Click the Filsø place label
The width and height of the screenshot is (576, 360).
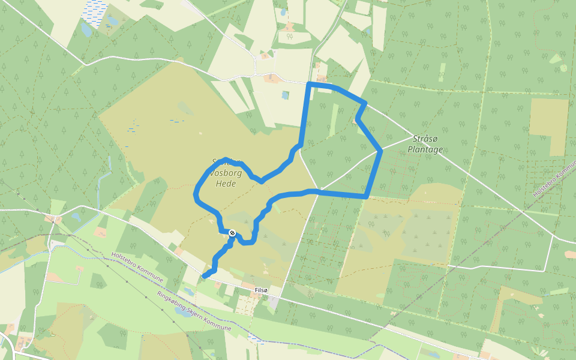pyautogui.click(x=261, y=290)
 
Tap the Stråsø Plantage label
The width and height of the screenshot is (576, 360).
pyautogui.click(x=425, y=144)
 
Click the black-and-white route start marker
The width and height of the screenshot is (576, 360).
pyautogui.click(x=232, y=233)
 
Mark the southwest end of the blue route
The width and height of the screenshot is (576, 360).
pyautogui.click(x=205, y=276)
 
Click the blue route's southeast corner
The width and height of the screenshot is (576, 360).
pyautogui.click(x=366, y=196)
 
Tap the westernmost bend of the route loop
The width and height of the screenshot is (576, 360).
pyautogui.click(x=196, y=194)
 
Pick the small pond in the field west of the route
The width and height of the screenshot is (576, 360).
pyautogui.click(x=285, y=94)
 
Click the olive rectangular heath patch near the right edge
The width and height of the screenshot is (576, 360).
pyautogui.click(x=548, y=126)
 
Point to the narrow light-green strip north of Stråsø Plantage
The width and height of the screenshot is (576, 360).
pyautogui.click(x=442, y=73)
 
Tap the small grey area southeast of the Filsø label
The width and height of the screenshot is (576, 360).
pyautogui.click(x=274, y=303)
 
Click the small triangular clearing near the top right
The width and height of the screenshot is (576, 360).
pyautogui.click(x=555, y=59)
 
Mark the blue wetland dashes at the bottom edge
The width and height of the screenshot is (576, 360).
pyautogui.click(x=257, y=340)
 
